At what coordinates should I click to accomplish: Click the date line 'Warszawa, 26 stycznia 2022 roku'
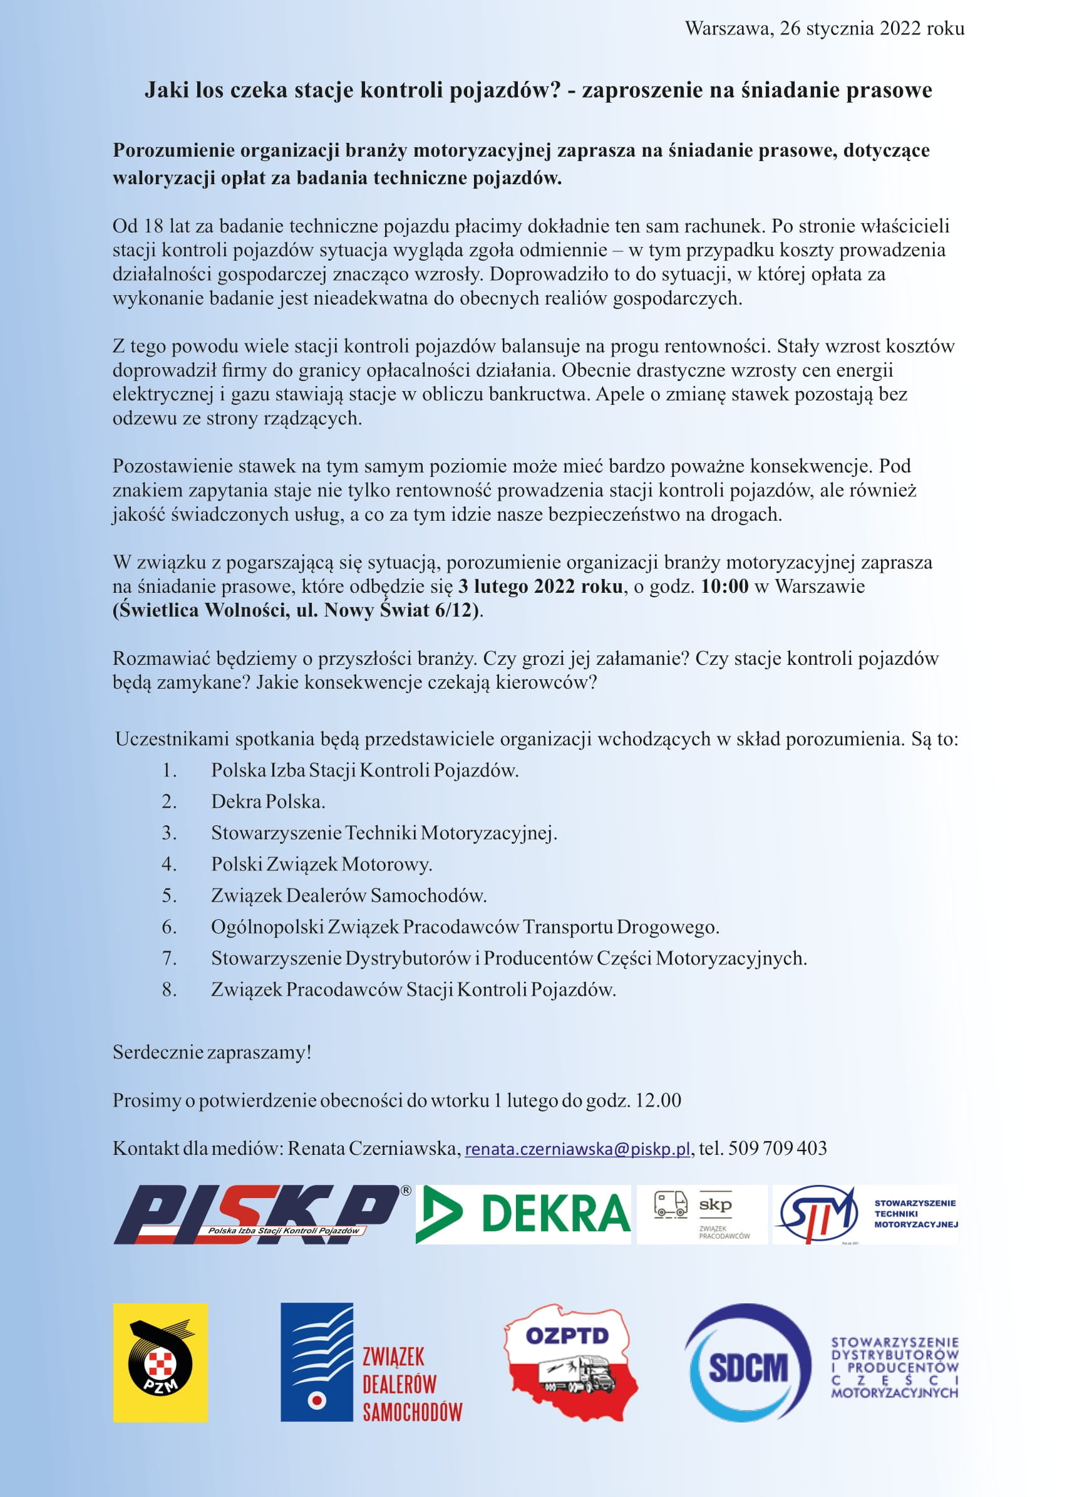pos(825,28)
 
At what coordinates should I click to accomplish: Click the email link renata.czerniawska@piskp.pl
pos(577,1149)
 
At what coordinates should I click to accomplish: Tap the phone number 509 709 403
pos(777,1148)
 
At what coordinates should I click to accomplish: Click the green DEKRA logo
pos(523,1214)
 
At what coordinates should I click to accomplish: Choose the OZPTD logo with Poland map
pos(570,1361)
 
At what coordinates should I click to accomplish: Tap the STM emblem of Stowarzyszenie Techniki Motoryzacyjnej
pos(817,1214)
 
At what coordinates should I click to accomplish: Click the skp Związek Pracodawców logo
pos(702,1214)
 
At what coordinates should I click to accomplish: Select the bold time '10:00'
pos(724,587)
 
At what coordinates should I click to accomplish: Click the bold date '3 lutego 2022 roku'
pos(540,587)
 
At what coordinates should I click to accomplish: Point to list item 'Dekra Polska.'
pos(268,801)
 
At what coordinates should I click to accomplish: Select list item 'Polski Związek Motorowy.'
pos(321,864)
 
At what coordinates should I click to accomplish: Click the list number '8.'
pos(170,989)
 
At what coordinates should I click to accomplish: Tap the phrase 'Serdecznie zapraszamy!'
pos(212,1053)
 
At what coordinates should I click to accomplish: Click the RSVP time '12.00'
pos(657,1100)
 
